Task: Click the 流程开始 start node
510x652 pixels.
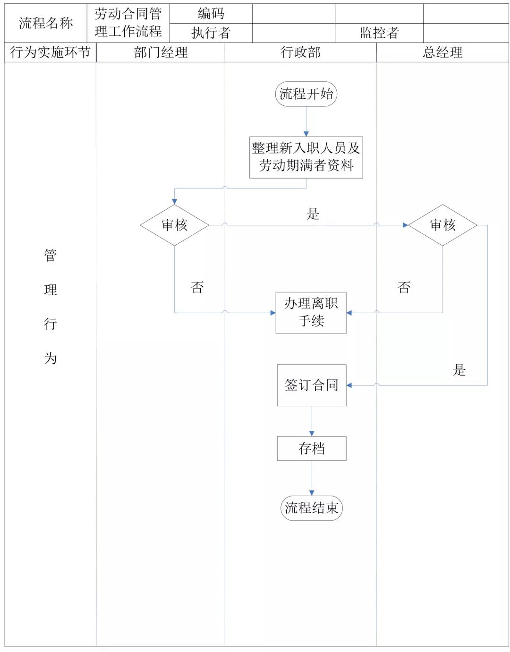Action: point(306,94)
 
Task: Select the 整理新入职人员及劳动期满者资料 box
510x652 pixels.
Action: point(306,157)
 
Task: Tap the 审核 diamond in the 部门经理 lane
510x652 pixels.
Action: point(175,225)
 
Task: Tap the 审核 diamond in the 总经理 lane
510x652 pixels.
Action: point(442,225)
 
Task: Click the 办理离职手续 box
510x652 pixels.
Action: point(311,313)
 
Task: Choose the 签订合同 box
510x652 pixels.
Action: point(312,385)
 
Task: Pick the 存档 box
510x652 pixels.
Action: point(312,448)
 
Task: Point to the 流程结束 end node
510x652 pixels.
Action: point(312,508)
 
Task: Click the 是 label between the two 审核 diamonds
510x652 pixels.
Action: point(313,214)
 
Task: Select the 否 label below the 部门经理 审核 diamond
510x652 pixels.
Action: point(197,287)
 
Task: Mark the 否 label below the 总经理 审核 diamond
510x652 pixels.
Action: point(404,287)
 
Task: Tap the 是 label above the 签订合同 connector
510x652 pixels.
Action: point(459,369)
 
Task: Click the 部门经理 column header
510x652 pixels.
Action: point(161,52)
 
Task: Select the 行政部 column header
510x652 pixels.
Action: point(301,52)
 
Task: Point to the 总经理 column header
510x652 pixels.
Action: point(442,52)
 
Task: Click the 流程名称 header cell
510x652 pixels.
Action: point(46,23)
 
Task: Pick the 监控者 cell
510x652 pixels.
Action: point(379,33)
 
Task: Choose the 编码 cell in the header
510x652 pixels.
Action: point(211,14)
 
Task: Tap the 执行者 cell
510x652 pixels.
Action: point(211,33)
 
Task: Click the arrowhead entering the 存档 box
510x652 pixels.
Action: point(312,434)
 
